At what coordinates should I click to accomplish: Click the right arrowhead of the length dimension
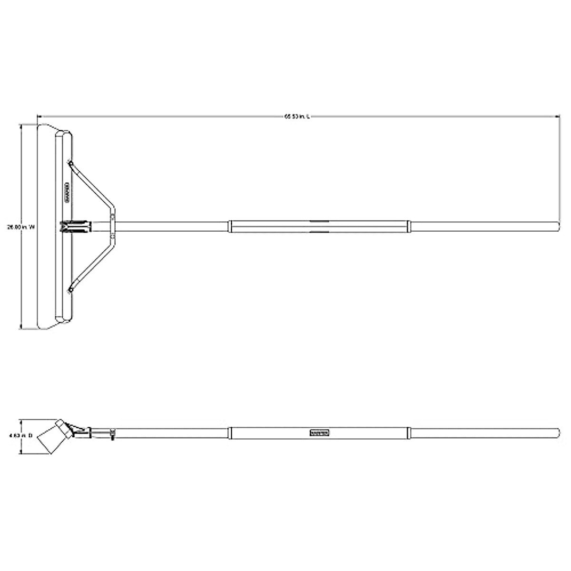point(556,116)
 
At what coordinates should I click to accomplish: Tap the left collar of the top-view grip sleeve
point(230,226)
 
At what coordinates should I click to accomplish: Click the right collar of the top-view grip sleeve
point(409,226)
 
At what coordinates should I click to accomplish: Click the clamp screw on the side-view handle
point(111,434)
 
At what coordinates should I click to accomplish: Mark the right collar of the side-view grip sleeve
point(410,433)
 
